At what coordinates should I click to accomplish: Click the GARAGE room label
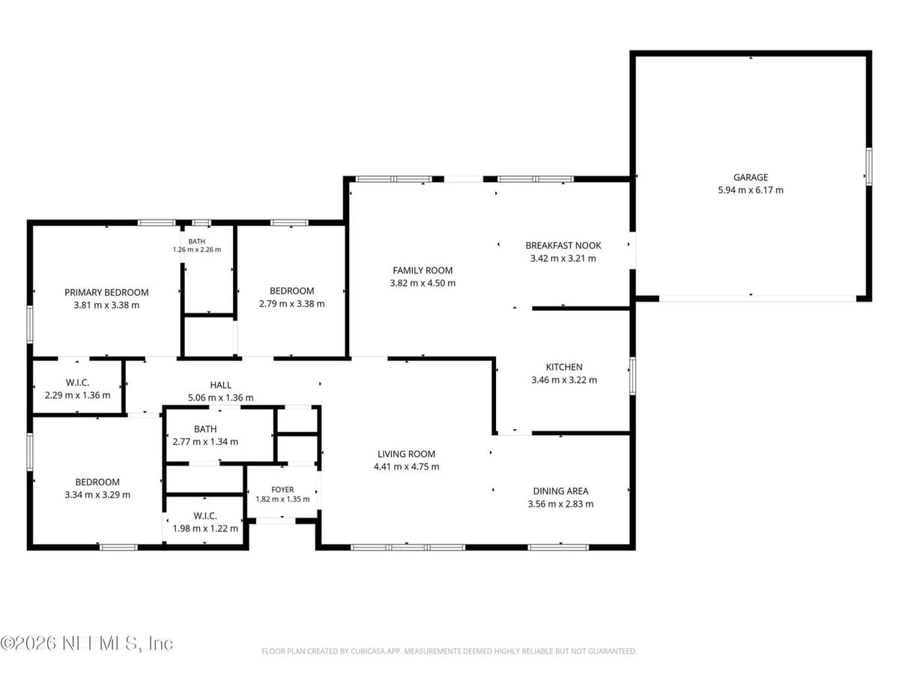point(751,177)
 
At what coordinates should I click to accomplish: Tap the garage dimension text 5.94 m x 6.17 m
point(751,190)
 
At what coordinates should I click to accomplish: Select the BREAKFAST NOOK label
point(563,246)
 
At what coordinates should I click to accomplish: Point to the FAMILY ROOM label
point(423,270)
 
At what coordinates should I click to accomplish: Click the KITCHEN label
point(564,367)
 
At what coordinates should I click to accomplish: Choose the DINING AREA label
point(560,491)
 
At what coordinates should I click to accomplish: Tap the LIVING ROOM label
point(406,454)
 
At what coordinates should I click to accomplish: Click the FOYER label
point(282,490)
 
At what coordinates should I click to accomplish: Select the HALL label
point(221,385)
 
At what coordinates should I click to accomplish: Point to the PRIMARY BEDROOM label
point(106,293)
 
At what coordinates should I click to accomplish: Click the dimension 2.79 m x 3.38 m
point(292,303)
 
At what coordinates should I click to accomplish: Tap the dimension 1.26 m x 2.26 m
point(197,249)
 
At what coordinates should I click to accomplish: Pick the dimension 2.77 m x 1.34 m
point(205,442)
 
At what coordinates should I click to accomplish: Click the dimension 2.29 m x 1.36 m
point(77,395)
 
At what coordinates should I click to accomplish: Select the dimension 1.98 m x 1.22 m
point(205,528)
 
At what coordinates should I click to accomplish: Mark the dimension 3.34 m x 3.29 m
point(97,495)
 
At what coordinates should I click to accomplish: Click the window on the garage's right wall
point(869,167)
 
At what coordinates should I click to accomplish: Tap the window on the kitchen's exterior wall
point(632,376)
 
